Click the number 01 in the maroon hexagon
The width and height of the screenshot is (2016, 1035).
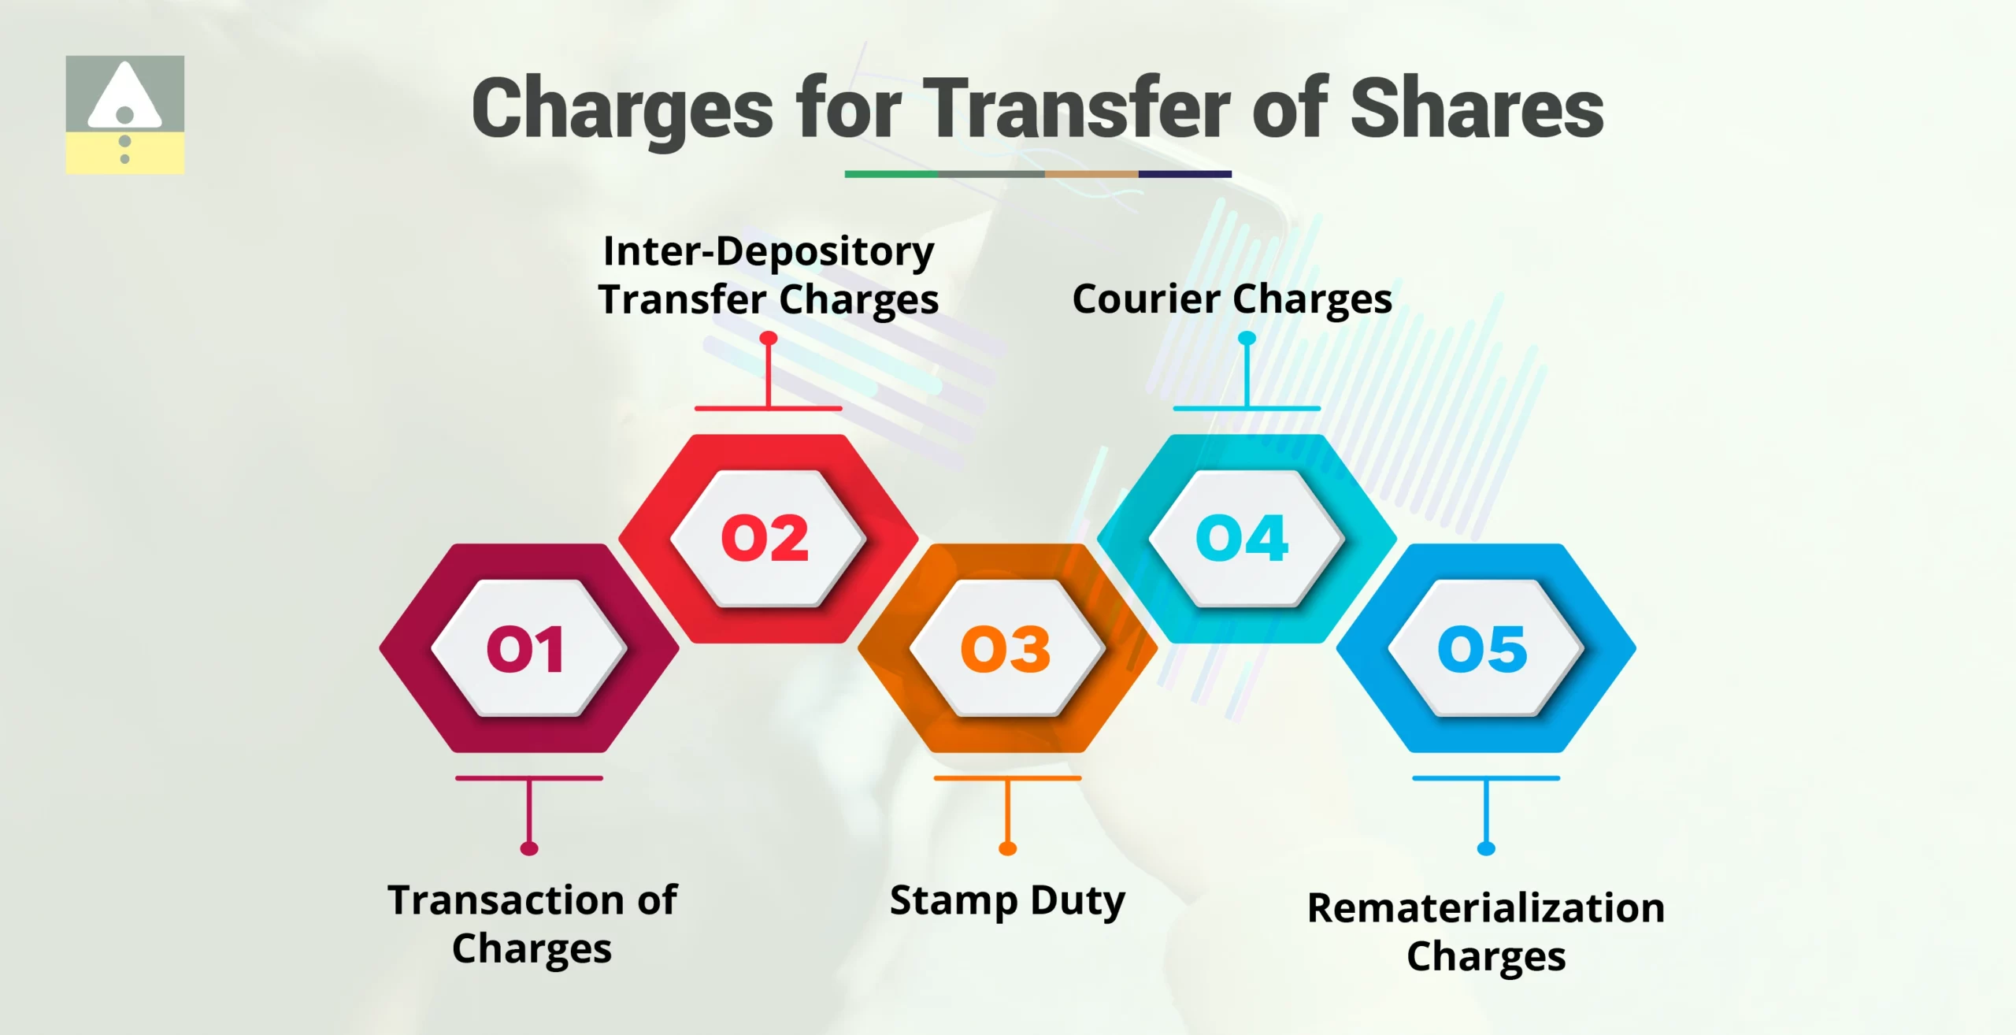click(x=526, y=649)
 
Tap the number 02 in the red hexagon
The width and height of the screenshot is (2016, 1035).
click(x=765, y=539)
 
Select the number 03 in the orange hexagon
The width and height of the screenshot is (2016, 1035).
click(x=1006, y=649)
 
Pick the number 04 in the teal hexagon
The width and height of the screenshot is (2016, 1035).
click(x=1242, y=539)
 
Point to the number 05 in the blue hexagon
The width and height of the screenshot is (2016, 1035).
click(x=1483, y=649)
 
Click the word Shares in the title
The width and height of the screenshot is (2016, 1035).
click(x=1477, y=109)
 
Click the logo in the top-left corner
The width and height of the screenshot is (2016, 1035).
click(x=125, y=114)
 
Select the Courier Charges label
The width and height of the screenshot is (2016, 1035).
click(x=1232, y=299)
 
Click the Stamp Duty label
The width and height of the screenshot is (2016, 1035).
click(x=1007, y=900)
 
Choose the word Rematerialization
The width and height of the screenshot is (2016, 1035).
click(x=1486, y=908)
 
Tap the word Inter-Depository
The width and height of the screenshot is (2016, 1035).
click(x=769, y=252)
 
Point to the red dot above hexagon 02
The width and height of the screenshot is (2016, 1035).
click(x=769, y=339)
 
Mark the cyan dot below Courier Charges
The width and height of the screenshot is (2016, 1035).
click(x=1247, y=339)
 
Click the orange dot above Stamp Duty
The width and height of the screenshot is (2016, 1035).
click(x=1007, y=848)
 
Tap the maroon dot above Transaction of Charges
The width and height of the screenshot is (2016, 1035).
click(x=529, y=848)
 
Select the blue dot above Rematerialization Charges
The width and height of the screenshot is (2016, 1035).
click(x=1486, y=848)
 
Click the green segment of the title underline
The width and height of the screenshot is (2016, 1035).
click(x=891, y=174)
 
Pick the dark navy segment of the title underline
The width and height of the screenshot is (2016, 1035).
click(x=1184, y=174)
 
